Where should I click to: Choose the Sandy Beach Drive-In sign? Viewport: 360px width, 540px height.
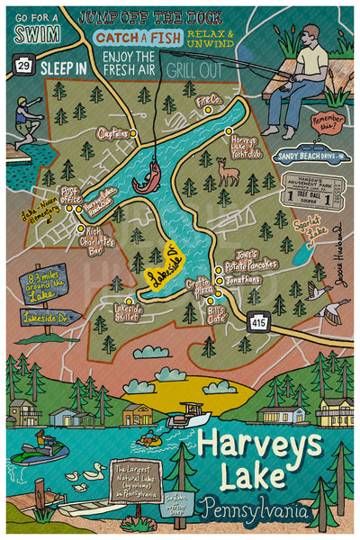click(x=310, y=156)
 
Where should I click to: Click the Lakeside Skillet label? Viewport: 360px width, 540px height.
click(x=127, y=311)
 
